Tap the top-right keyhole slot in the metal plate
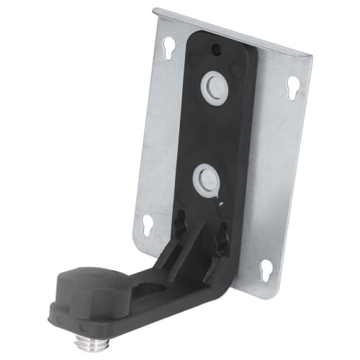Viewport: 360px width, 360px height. pos(292,88)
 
